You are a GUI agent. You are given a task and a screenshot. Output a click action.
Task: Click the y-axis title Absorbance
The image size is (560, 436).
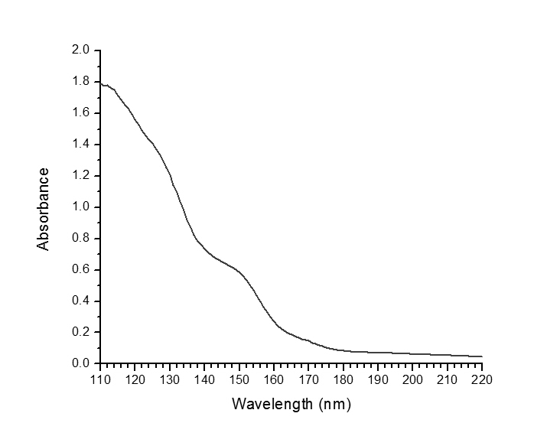tap(44, 209)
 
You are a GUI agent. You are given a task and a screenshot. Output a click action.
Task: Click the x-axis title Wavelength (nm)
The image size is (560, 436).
tap(291, 404)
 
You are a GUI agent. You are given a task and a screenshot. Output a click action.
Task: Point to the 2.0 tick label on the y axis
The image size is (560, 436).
tap(81, 50)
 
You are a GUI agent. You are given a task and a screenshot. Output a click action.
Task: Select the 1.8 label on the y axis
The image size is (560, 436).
tap(81, 82)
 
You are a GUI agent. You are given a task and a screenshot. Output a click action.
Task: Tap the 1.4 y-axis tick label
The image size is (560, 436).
tap(81, 145)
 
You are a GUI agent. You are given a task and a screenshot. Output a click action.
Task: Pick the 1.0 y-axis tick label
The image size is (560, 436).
tap(81, 207)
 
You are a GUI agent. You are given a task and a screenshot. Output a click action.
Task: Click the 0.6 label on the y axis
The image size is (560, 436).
tap(81, 270)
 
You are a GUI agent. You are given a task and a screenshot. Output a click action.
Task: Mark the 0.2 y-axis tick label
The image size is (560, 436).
tap(81, 332)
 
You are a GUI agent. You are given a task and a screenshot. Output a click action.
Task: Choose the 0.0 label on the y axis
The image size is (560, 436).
tap(81, 363)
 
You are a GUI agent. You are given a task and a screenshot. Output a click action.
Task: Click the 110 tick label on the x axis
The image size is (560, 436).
tap(100, 379)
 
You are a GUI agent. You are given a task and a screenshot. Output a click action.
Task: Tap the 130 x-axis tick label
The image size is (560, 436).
tap(170, 379)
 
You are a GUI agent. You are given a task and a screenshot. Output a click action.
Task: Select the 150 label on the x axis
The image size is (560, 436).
tap(239, 379)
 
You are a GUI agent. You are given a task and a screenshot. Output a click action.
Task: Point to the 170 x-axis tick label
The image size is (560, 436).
tap(308, 379)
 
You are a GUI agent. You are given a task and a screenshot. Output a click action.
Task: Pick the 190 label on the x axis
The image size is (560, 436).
tap(378, 379)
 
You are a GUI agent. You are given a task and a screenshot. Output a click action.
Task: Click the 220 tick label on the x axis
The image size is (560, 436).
tap(482, 379)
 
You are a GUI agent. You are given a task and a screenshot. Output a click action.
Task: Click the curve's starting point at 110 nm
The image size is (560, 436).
tap(101, 84)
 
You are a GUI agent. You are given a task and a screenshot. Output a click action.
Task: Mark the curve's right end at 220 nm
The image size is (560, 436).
tap(482, 356)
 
